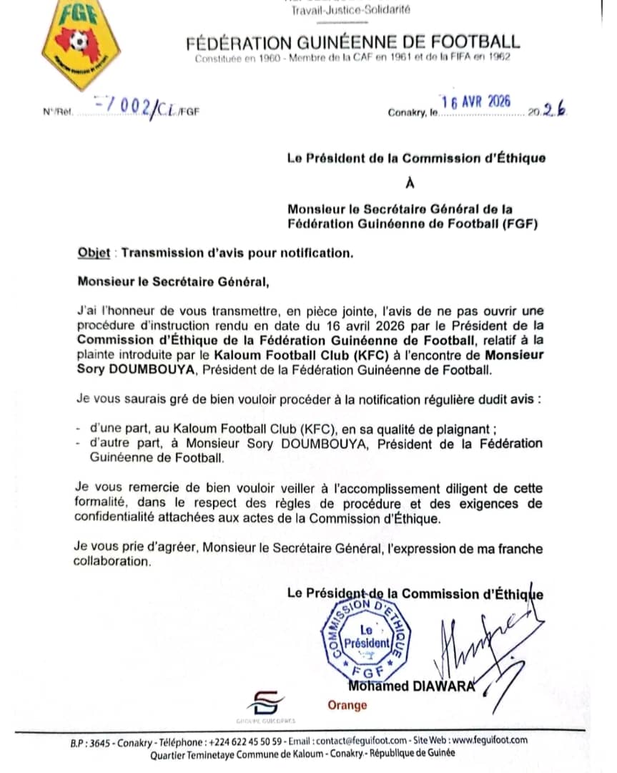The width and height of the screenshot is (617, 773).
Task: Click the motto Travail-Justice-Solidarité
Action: [351, 9]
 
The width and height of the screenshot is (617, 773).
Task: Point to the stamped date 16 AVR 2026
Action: [476, 102]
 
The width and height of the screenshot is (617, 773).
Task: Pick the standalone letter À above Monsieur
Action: [410, 183]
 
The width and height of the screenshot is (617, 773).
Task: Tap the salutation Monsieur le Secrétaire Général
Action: [174, 281]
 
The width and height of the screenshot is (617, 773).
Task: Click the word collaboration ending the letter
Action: [112, 562]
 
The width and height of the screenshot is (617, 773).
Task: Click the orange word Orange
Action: [347, 705]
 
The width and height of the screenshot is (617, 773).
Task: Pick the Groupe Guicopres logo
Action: [266, 705]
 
